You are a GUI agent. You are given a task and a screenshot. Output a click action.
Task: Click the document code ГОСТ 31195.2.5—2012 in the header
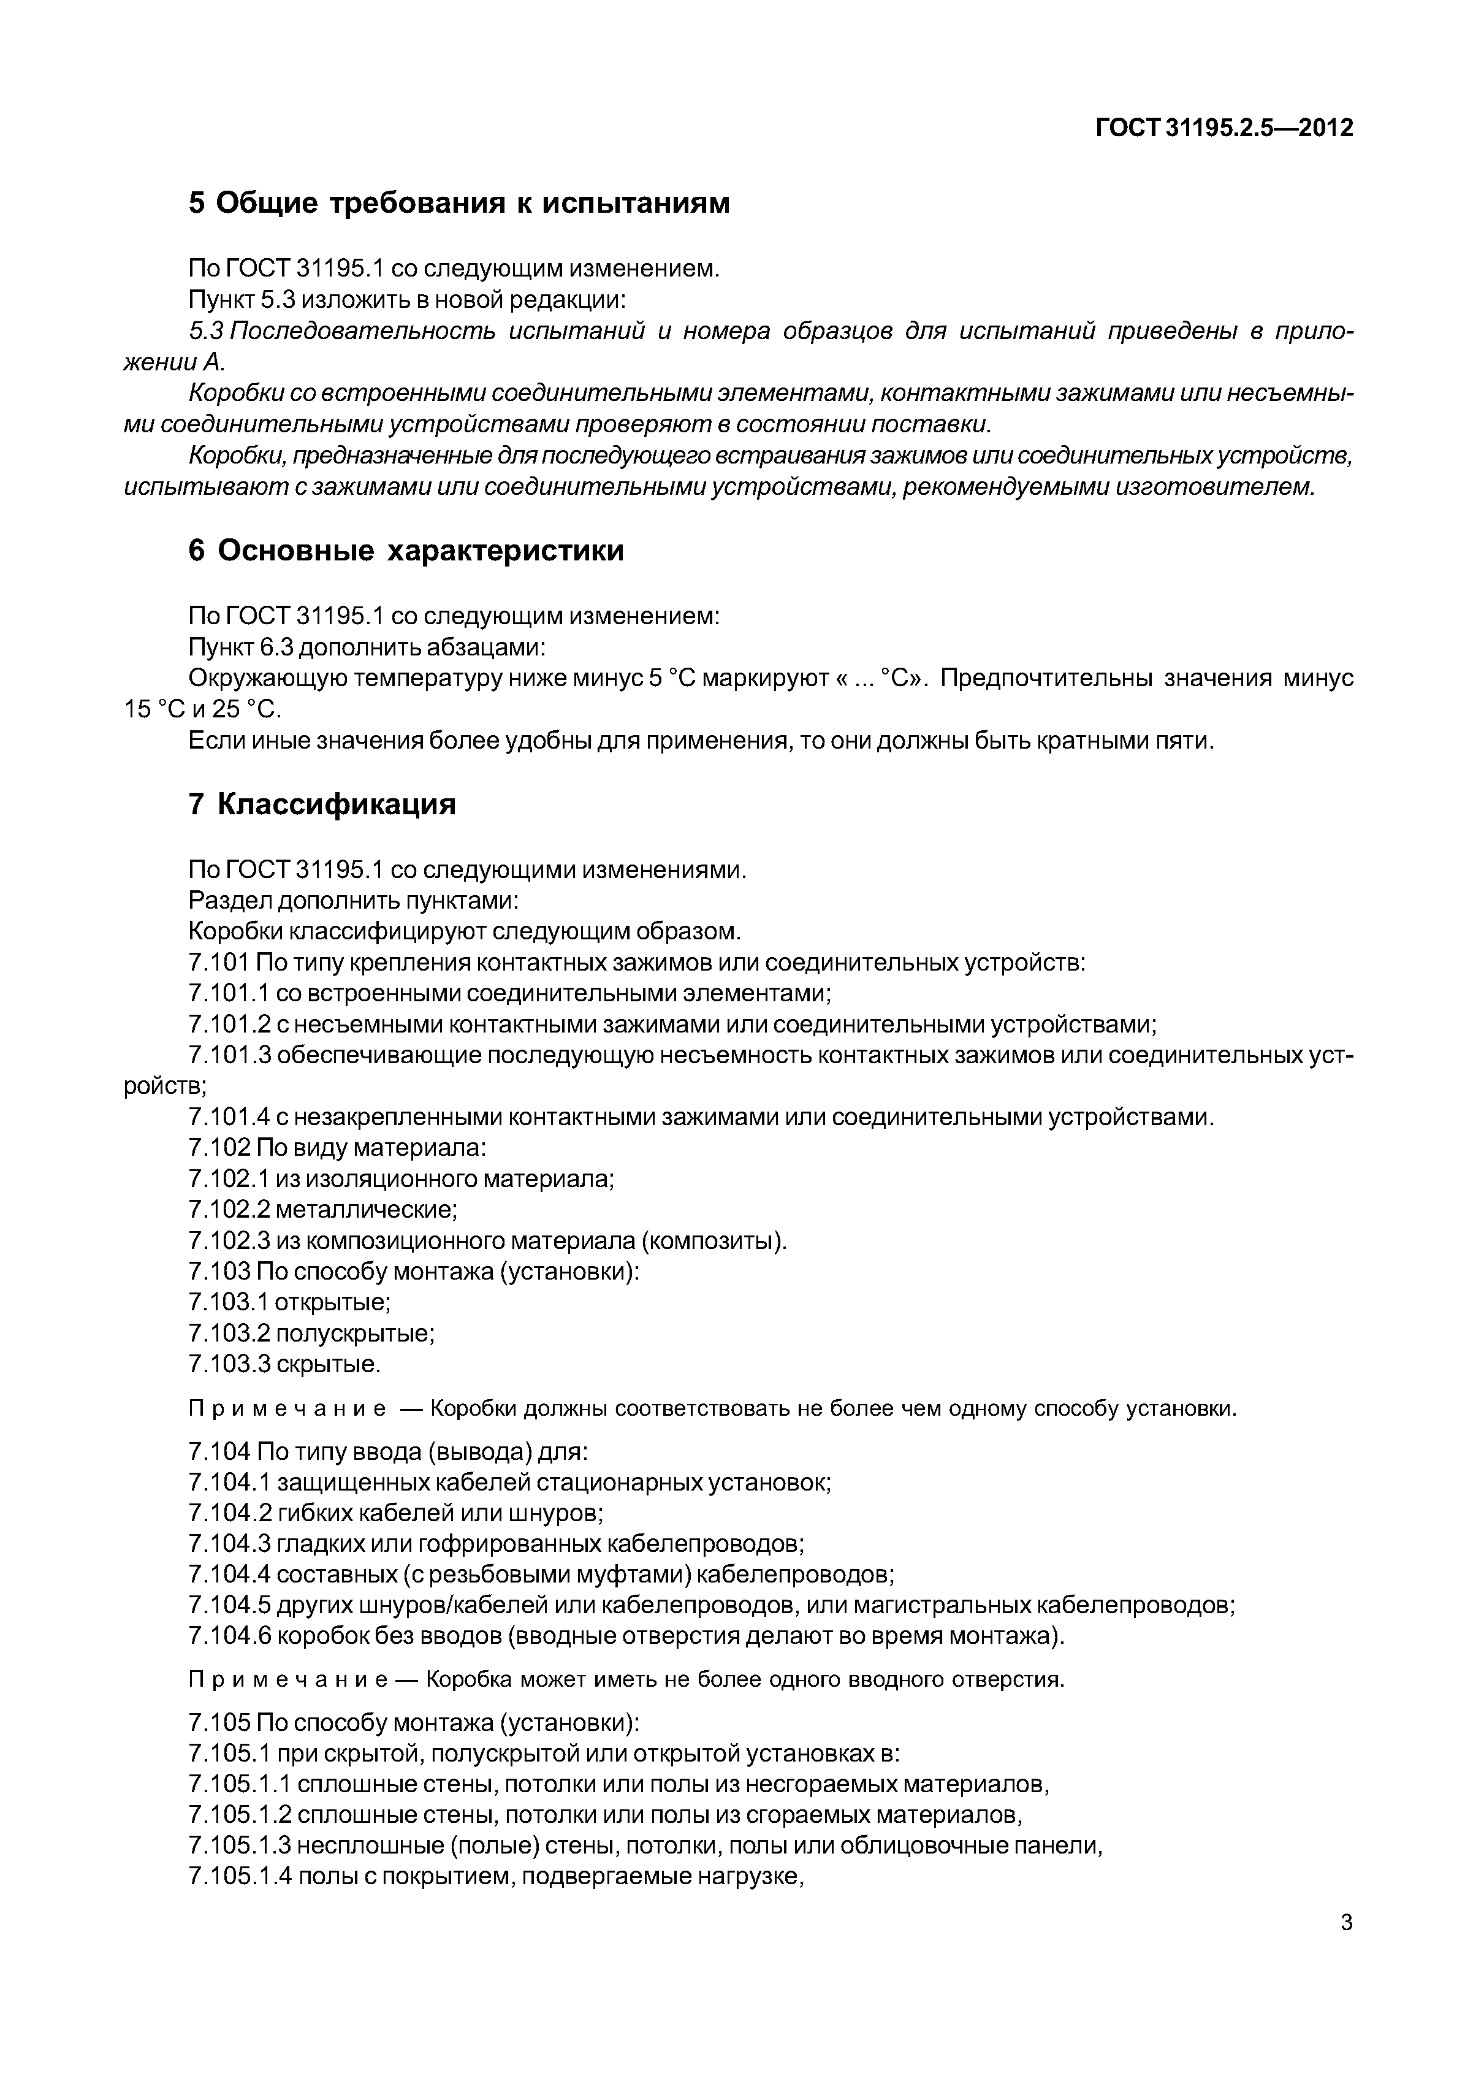click(1223, 129)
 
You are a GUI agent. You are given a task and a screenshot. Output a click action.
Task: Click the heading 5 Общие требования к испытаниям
click(459, 203)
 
